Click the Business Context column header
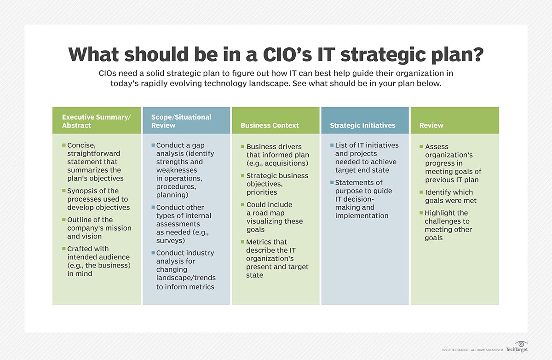[x=270, y=125]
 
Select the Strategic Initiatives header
[x=362, y=125]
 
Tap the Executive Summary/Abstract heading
[x=96, y=121]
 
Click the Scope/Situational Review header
[x=181, y=121]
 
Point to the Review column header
[x=431, y=125]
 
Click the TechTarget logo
[x=517, y=347]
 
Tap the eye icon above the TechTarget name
[x=521, y=344]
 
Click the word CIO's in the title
[x=287, y=54]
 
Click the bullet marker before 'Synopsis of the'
[x=64, y=190]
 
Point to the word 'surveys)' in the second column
[x=171, y=240]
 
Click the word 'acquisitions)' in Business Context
[x=286, y=163]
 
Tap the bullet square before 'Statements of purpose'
[x=332, y=182]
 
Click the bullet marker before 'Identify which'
[x=421, y=192]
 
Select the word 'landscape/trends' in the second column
[x=186, y=278]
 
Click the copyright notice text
[x=472, y=350]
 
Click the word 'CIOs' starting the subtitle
[x=108, y=74]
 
